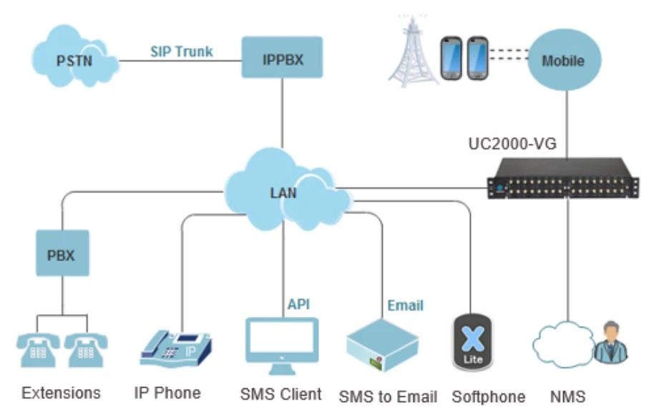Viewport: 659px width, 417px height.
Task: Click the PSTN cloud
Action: pyautogui.click(x=74, y=61)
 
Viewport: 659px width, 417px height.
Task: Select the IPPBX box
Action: pyautogui.click(x=282, y=59)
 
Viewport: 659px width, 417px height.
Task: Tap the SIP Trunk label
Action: pyautogui.click(x=181, y=51)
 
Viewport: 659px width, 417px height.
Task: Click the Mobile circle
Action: pyautogui.click(x=562, y=60)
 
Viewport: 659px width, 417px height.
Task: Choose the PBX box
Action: pyautogui.click(x=62, y=253)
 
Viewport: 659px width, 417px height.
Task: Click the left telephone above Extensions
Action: pyautogui.click(x=36, y=349)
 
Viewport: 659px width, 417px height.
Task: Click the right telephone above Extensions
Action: pyautogui.click(x=86, y=349)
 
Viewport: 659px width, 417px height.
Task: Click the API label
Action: pyautogui.click(x=298, y=304)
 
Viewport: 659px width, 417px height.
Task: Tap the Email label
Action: pyautogui.click(x=405, y=305)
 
